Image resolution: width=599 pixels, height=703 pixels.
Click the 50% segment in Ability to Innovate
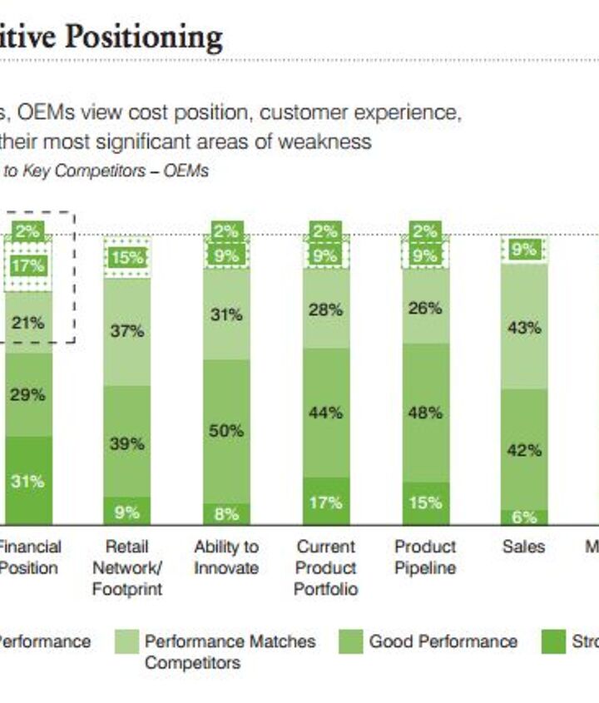pos(226,431)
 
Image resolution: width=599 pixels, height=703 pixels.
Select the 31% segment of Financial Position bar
pos(27,480)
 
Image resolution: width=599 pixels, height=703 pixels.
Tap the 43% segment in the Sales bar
pos(524,327)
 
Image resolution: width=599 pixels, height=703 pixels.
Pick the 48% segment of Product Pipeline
pos(425,413)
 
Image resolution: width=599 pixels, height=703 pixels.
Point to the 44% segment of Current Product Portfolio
pos(325,413)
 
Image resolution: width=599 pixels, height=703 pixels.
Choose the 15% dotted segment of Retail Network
pos(126,258)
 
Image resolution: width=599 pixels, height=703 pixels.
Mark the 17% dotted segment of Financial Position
pos(27,266)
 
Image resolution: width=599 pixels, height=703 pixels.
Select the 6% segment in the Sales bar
pos(524,517)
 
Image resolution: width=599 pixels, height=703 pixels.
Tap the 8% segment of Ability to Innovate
pos(226,514)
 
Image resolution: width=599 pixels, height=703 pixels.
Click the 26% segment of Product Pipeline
pos(425,308)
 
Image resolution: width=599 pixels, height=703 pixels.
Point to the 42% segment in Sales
pos(524,450)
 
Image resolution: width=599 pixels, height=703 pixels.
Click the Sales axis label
pos(523,547)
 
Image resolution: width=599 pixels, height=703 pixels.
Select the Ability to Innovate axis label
pos(226,557)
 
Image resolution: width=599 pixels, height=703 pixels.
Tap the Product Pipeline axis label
pos(425,557)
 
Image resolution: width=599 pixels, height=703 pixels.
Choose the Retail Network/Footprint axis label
pos(126,568)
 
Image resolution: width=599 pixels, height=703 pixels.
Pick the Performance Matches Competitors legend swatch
pos(126,642)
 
